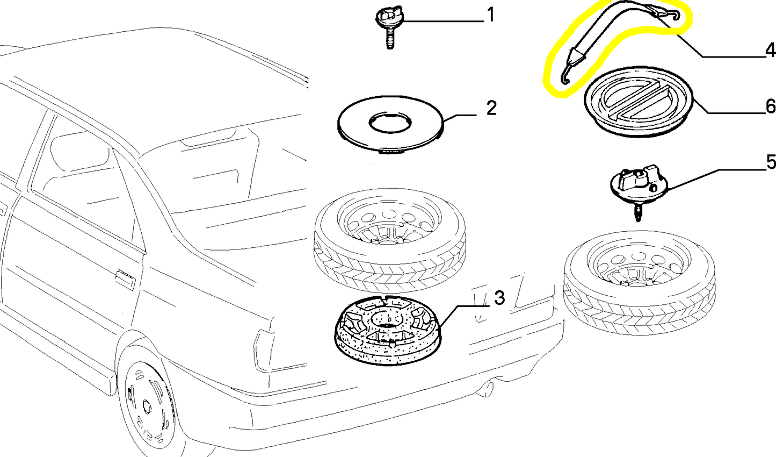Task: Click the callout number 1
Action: (x=490, y=15)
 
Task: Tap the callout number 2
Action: (x=491, y=108)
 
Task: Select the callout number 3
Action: (x=499, y=298)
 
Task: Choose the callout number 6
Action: (x=771, y=106)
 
